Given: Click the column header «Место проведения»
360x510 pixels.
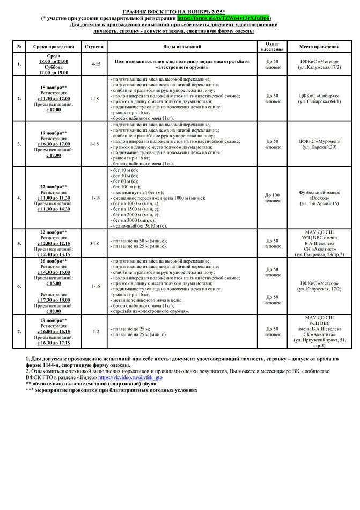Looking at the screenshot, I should [320, 47].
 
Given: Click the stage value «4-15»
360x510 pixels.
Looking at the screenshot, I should [95, 64].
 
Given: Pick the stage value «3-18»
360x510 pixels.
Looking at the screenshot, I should [95, 243].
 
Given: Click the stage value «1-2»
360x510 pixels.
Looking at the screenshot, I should [95, 331].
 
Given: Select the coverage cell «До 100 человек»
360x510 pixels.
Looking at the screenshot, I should [273, 198].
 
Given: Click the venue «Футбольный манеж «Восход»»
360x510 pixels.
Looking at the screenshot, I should [320, 194].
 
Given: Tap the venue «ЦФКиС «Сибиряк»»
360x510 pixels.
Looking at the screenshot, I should [320, 98].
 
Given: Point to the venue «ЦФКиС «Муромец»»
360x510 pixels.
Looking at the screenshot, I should [320, 144].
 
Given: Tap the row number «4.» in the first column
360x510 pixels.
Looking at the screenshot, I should [19, 198].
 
